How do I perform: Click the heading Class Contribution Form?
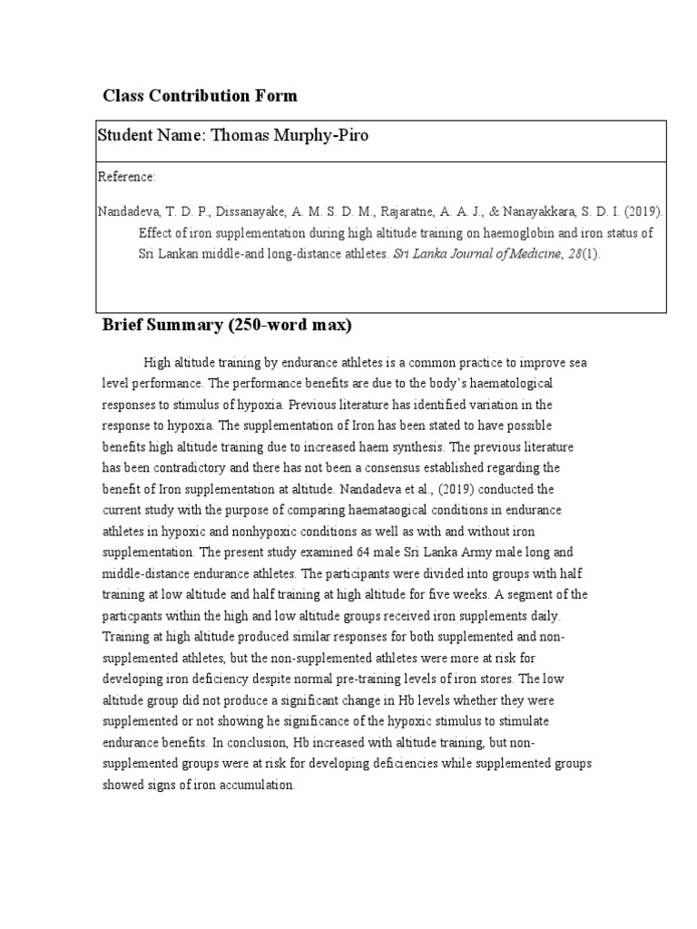click(200, 95)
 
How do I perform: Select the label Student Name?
click(151, 135)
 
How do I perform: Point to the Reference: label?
click(128, 176)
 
